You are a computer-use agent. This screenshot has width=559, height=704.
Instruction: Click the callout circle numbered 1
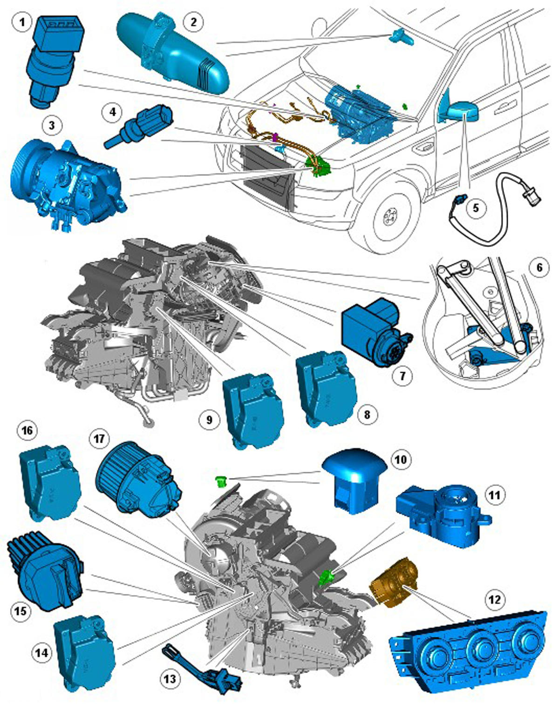[x=22, y=22]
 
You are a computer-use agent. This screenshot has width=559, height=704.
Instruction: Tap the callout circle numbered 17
[x=99, y=439]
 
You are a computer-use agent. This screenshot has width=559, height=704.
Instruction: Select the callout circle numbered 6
[x=539, y=267]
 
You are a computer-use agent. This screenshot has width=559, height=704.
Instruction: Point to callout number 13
[x=170, y=679]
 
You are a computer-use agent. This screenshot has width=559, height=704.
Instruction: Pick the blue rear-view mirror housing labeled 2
[x=172, y=51]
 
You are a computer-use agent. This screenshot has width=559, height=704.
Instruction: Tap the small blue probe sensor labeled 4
[x=140, y=126]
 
